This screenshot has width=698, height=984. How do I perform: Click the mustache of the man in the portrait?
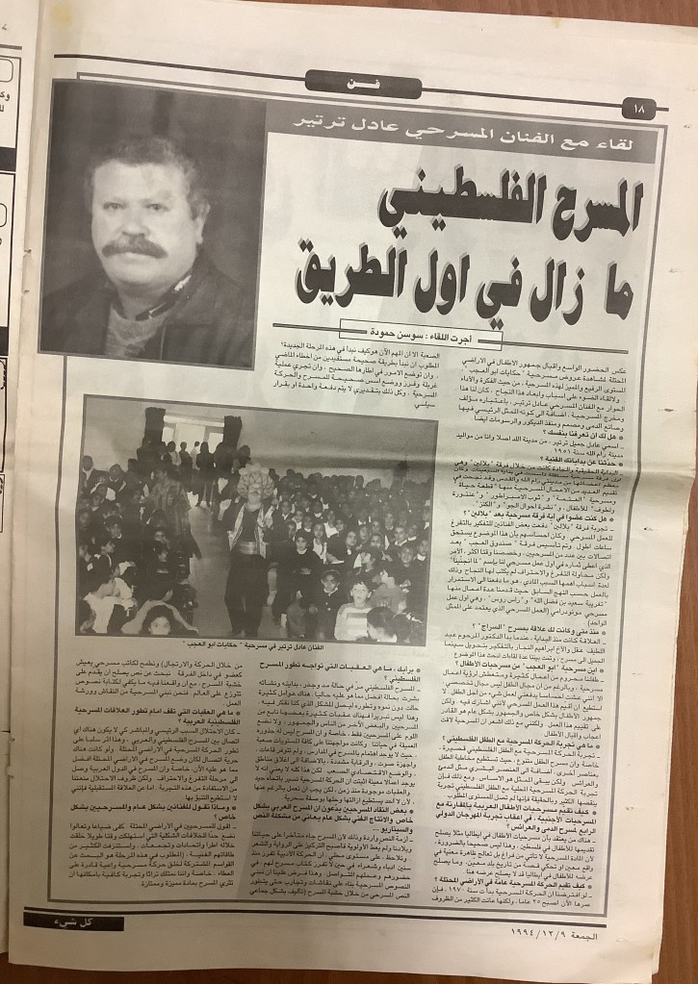pyautogui.click(x=136, y=248)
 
